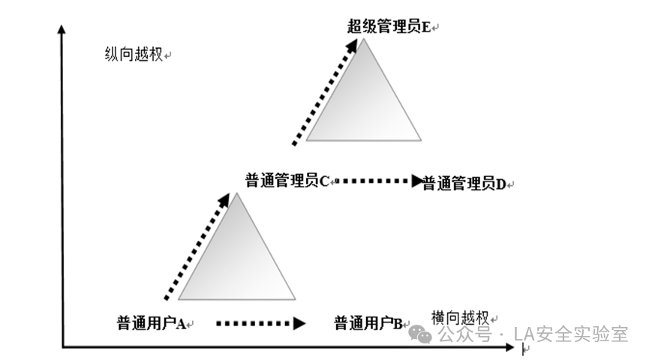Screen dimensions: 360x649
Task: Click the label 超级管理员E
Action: tap(389, 27)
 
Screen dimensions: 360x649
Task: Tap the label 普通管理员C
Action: tap(287, 181)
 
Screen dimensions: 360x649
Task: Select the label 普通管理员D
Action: tap(464, 182)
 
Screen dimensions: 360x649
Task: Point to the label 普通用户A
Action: tap(151, 323)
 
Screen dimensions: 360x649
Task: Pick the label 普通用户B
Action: tap(368, 323)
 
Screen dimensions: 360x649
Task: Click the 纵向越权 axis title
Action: tap(134, 55)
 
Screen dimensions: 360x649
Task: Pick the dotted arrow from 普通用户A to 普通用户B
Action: tap(259, 323)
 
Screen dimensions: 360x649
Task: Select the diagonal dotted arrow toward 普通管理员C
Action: tap(197, 246)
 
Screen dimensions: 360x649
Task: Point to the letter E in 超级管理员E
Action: tap(426, 27)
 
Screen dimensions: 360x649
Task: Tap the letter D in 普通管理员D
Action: tap(500, 182)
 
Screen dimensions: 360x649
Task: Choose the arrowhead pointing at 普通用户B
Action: tap(300, 323)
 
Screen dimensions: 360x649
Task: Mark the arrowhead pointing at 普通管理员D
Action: tap(417, 181)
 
